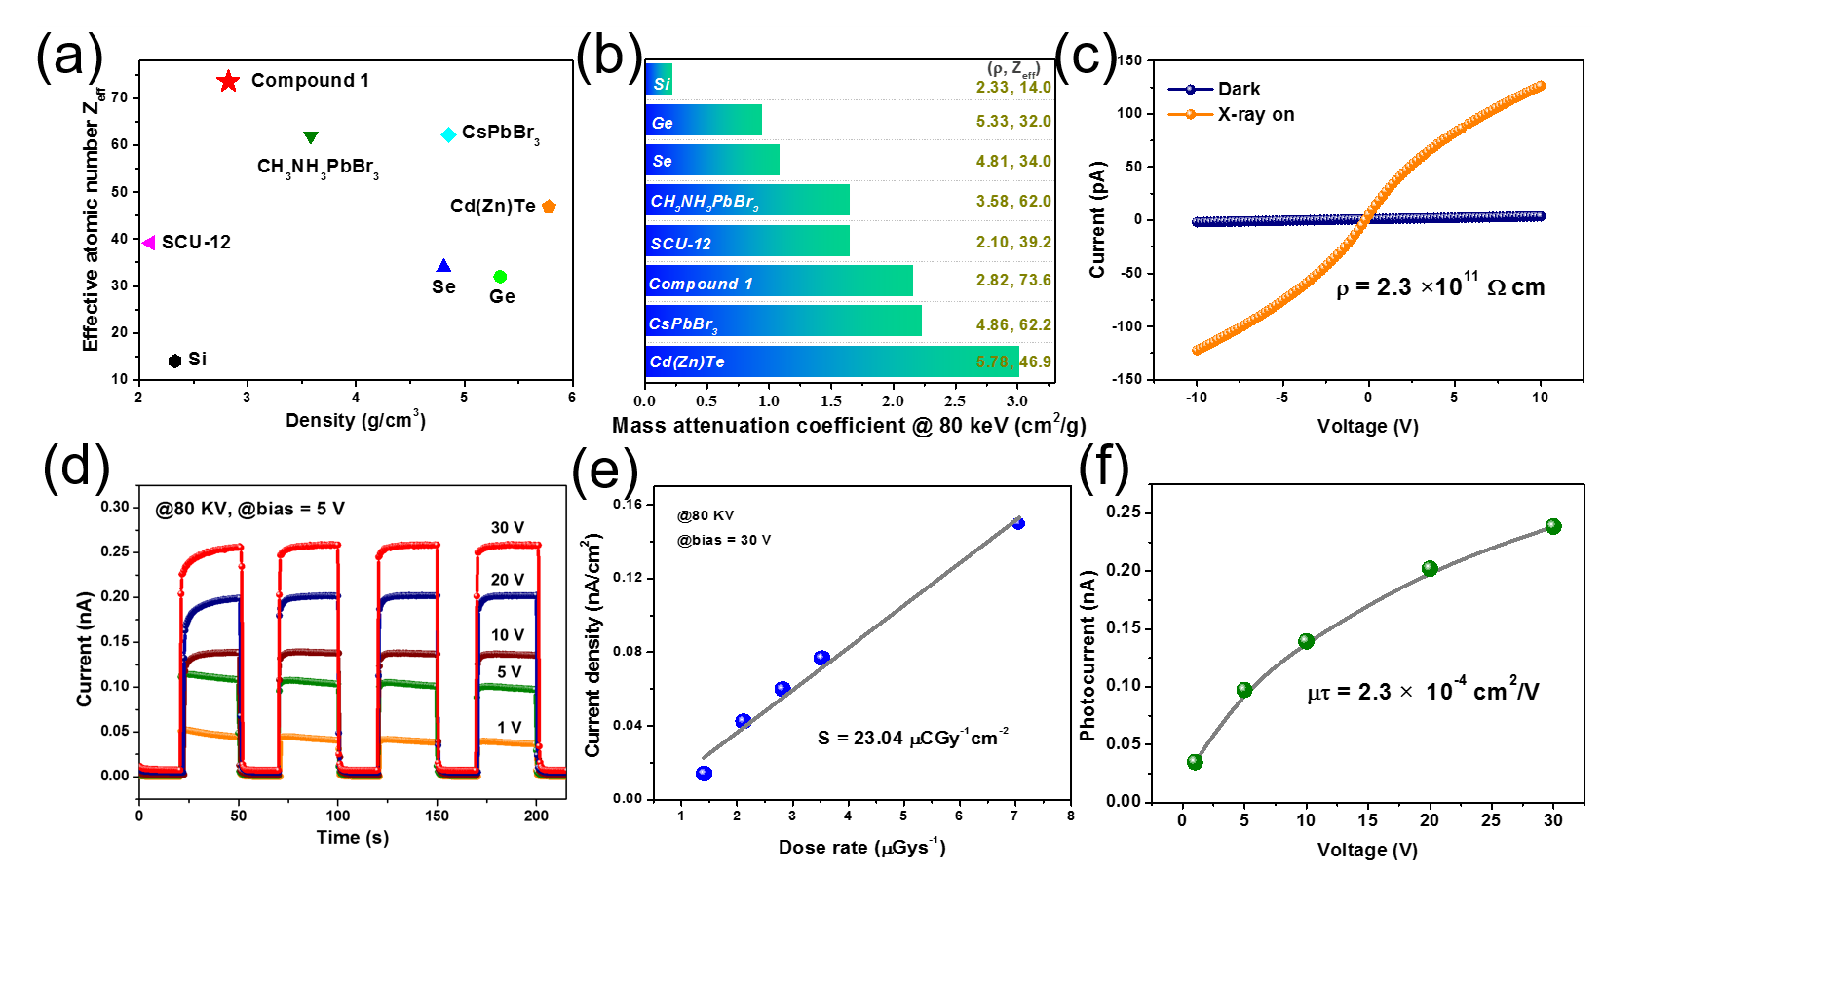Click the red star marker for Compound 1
pos(228,81)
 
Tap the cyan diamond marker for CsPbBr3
pos(448,134)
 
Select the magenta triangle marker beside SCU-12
pos(149,243)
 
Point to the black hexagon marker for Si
pos(174,361)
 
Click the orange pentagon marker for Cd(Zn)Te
pos(549,207)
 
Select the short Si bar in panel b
pos(659,80)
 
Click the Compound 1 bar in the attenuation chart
pos(779,282)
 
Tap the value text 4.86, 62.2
pos(1013,324)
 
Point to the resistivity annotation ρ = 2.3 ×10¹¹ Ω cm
pos(1440,286)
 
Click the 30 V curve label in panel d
pos(507,527)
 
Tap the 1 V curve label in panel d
pos(509,727)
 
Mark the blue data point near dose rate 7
pos(1018,523)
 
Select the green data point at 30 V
pos(1553,526)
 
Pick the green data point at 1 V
pos(1195,762)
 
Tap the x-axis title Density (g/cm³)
pos(355,420)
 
